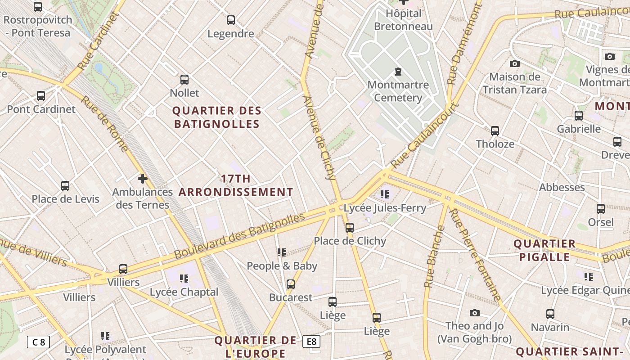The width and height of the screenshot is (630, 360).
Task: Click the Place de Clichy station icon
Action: [350, 228]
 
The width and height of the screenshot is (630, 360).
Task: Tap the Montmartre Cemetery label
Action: [395, 91]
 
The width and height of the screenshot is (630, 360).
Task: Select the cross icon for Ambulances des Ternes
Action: [143, 179]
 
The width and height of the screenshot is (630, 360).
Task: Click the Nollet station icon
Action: [184, 80]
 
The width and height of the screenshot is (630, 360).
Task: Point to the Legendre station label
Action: [231, 34]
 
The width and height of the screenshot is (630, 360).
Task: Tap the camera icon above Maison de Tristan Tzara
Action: [515, 63]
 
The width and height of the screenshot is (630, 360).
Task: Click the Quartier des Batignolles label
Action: [217, 117]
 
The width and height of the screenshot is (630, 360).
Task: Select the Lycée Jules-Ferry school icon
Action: [385, 194]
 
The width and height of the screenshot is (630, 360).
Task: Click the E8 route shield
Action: [311, 342]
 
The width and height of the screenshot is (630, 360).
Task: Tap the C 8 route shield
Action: [38, 342]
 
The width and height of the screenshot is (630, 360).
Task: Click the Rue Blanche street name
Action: [434, 257]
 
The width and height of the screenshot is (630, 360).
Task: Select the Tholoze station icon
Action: [495, 131]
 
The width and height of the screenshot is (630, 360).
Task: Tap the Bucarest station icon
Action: [291, 284]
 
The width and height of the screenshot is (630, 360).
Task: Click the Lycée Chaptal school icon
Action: [184, 279]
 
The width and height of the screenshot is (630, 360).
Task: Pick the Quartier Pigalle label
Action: [544, 250]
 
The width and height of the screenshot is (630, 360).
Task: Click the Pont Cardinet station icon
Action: [41, 96]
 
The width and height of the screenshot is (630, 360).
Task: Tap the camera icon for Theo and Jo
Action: [474, 313]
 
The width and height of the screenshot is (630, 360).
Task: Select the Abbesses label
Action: [562, 187]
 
